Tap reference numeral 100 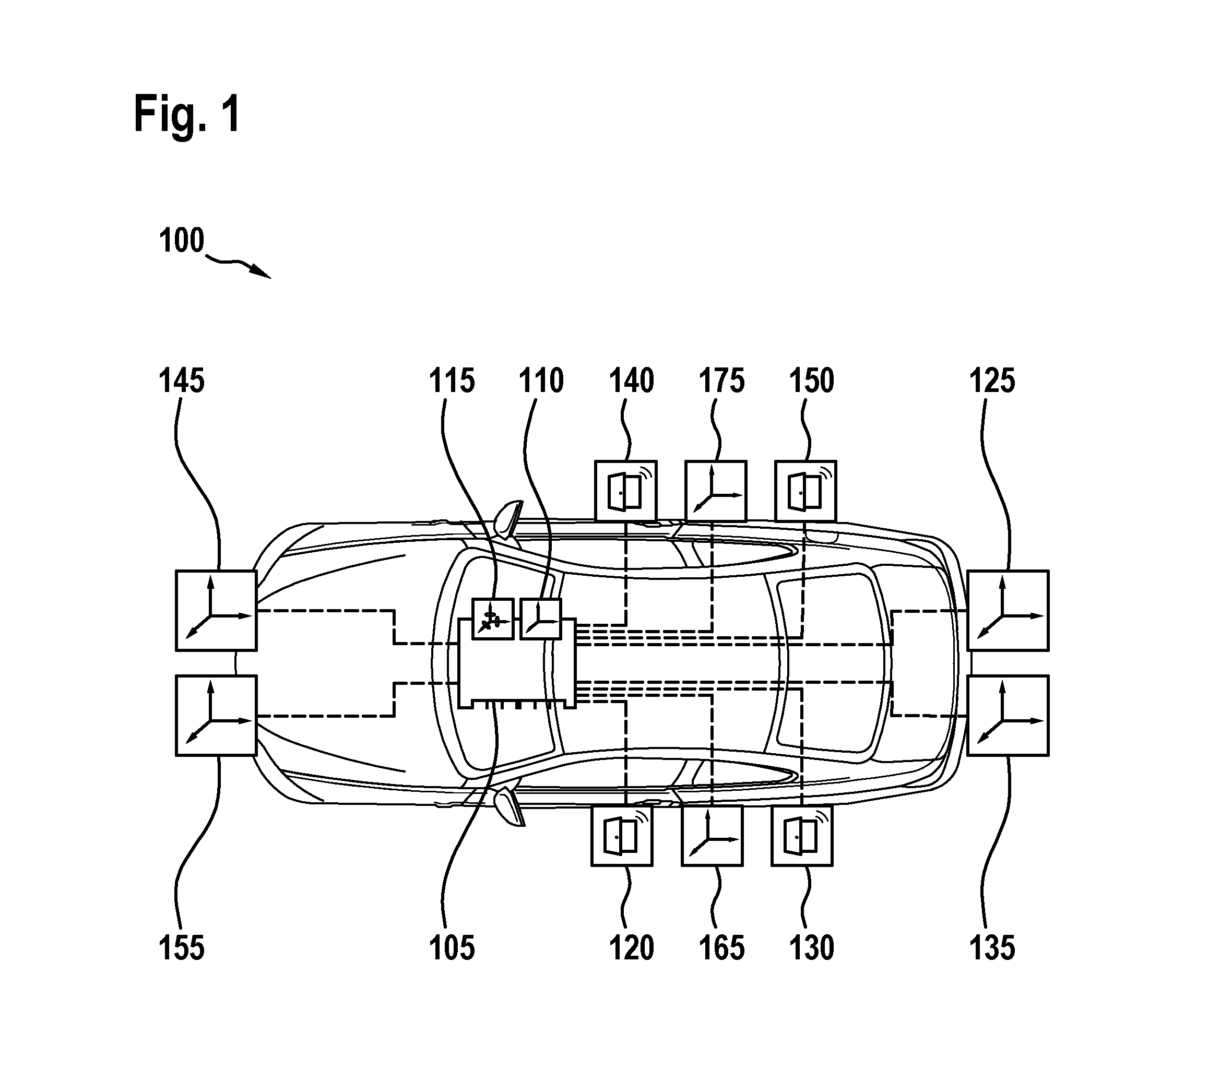tap(182, 241)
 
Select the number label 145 tap(182, 381)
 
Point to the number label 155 tap(182, 947)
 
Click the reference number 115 tap(452, 381)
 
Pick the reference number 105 tap(452, 947)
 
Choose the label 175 tap(721, 381)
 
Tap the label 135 tap(992, 947)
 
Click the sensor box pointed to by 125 tap(1008, 610)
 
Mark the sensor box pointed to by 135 tap(1008, 715)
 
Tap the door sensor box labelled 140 tap(625, 491)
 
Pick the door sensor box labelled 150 tap(805, 491)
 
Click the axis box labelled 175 tap(716, 491)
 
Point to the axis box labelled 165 tap(713, 836)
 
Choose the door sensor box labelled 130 tap(802, 836)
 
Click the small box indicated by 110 tap(541, 619)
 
